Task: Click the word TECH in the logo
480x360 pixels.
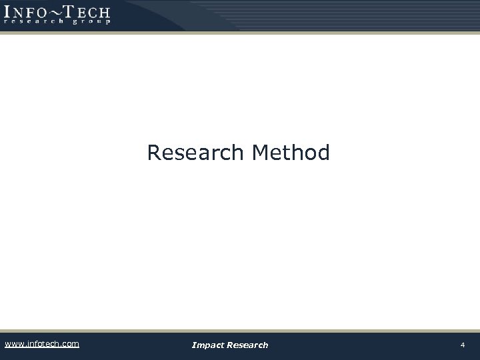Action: pos(87,11)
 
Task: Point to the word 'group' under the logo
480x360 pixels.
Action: pos(89,21)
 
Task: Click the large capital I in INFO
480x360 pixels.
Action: pos(7,11)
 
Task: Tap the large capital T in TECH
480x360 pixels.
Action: pos(69,11)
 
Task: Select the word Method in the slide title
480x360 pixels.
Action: pos(291,153)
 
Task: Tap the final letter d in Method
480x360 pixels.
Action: pos(323,153)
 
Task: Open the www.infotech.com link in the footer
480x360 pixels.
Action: pos(41,344)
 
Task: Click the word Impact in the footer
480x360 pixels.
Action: pos(207,345)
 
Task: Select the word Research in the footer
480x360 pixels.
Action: pos(247,345)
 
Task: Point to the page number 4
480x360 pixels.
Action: pos(463,345)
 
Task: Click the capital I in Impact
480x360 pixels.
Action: pos(193,345)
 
